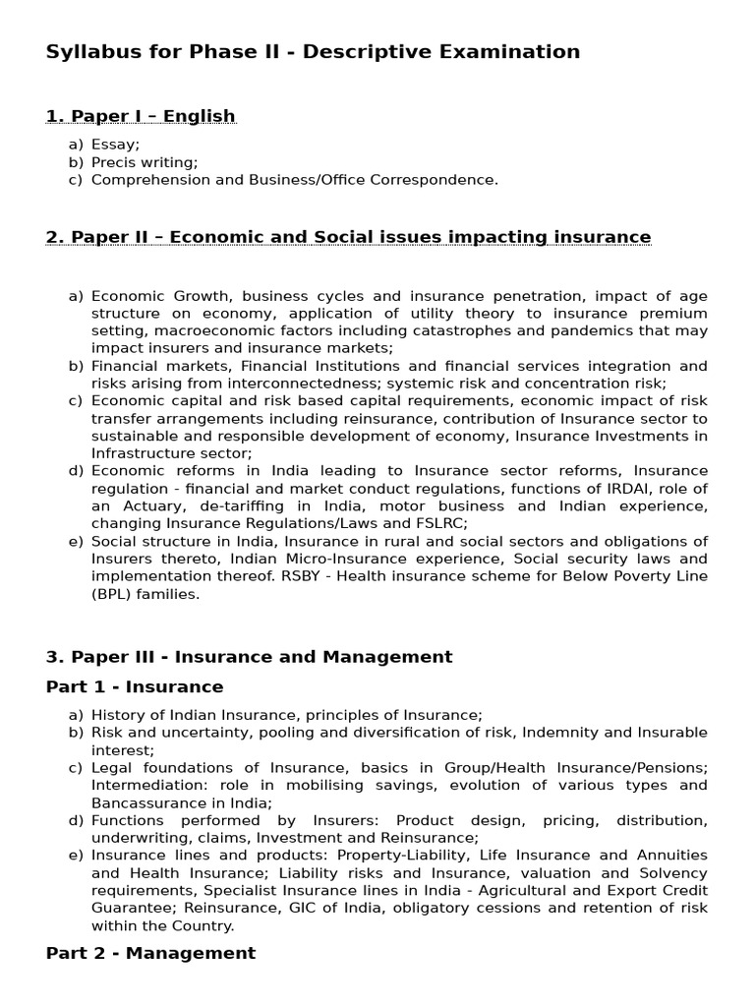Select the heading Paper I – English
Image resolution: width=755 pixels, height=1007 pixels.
141,117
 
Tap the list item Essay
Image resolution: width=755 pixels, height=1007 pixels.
115,145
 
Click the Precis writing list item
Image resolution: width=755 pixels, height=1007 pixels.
145,162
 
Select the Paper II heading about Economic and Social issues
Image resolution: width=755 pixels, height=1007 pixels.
348,237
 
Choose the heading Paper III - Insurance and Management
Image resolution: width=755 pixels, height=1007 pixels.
249,657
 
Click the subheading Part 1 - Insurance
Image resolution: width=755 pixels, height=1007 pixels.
135,686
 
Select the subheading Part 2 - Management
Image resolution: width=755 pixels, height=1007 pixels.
150,953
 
